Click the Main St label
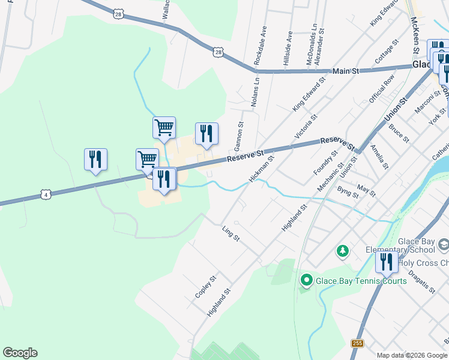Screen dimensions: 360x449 (x=345, y=71)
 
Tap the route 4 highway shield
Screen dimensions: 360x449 (x=45, y=194)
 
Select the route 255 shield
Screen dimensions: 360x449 (x=358, y=343)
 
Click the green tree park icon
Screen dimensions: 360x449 (x=343, y=251)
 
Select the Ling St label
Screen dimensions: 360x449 (x=231, y=234)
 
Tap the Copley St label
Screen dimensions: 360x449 (x=205, y=288)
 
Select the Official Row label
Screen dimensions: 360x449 (x=382, y=88)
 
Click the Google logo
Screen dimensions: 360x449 (x=20, y=353)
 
